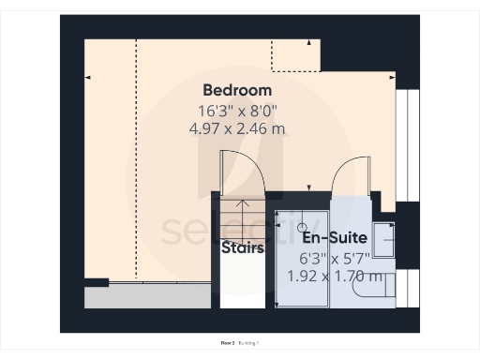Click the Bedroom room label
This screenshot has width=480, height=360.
click(x=237, y=91)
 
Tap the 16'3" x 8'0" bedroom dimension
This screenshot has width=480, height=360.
click(x=237, y=110)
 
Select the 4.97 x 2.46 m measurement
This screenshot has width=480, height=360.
click(x=237, y=128)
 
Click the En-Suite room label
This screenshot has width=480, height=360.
click(x=333, y=238)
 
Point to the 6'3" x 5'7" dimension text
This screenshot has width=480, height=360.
click(x=333, y=257)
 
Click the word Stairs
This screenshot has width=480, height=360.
click(x=242, y=248)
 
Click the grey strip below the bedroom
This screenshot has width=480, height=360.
click(x=147, y=297)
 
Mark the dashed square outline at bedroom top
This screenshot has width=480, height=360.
click(x=295, y=54)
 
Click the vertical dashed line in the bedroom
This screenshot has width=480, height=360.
click(x=137, y=159)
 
